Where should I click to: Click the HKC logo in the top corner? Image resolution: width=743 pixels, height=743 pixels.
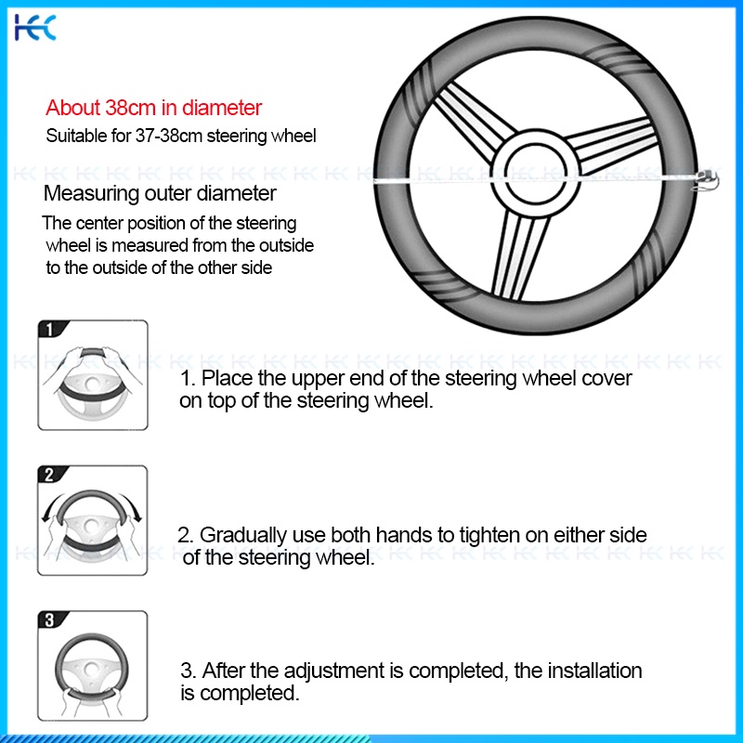[x=35, y=28]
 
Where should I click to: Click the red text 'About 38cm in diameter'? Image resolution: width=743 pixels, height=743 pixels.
[x=153, y=108]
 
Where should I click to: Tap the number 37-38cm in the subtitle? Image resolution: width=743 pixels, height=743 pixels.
[x=169, y=136]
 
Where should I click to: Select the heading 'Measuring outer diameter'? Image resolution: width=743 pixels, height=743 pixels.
[x=160, y=193]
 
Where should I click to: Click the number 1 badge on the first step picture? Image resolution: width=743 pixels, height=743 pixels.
[x=50, y=329]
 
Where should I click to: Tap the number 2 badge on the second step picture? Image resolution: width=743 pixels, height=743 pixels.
[x=50, y=474]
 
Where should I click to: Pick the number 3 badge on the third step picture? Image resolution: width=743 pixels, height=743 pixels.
[x=50, y=619]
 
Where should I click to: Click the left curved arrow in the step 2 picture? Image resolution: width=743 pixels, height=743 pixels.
[x=53, y=504]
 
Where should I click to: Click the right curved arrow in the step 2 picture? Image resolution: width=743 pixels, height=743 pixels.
[x=132, y=505]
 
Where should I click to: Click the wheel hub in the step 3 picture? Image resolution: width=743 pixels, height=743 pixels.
[x=91, y=669]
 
